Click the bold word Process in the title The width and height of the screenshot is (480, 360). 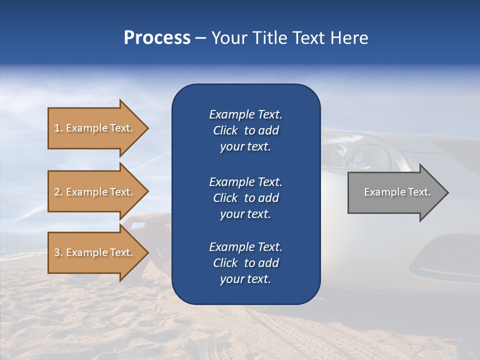(x=157, y=38)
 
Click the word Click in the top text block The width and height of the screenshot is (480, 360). (x=225, y=130)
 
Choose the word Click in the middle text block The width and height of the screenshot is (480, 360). (x=225, y=198)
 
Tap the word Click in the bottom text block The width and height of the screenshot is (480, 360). (x=225, y=263)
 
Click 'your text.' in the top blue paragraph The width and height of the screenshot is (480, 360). (x=245, y=147)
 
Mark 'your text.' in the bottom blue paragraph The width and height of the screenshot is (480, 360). (x=245, y=279)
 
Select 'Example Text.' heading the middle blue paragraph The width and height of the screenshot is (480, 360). (x=245, y=181)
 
